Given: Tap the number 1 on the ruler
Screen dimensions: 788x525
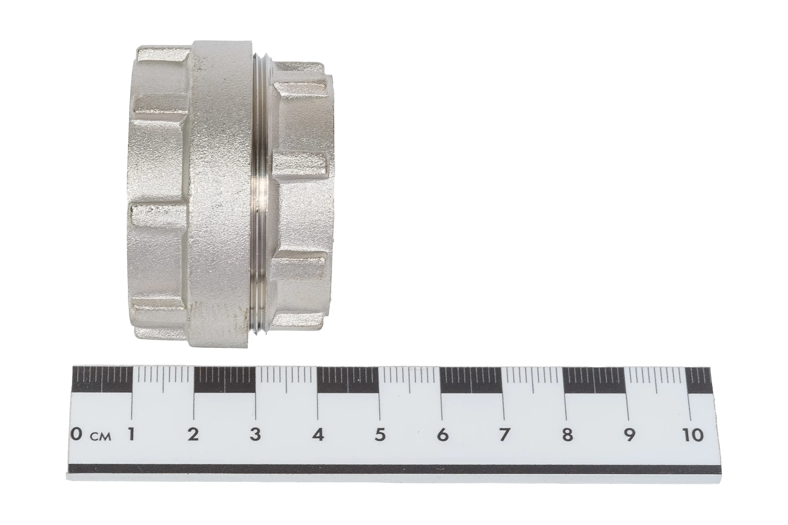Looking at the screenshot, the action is point(131,434).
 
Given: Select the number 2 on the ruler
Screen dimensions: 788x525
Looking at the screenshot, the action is point(193,434).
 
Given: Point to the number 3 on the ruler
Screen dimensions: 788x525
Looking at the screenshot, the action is point(255,434).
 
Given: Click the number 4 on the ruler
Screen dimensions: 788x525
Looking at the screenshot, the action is point(318,434).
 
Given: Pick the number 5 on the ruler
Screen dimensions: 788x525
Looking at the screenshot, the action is point(380,434).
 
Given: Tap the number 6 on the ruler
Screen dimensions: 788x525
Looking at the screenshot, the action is point(443,434).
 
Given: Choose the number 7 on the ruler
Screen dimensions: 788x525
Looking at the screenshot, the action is point(504,434).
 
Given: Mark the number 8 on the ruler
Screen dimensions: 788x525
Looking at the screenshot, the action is point(567,434).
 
